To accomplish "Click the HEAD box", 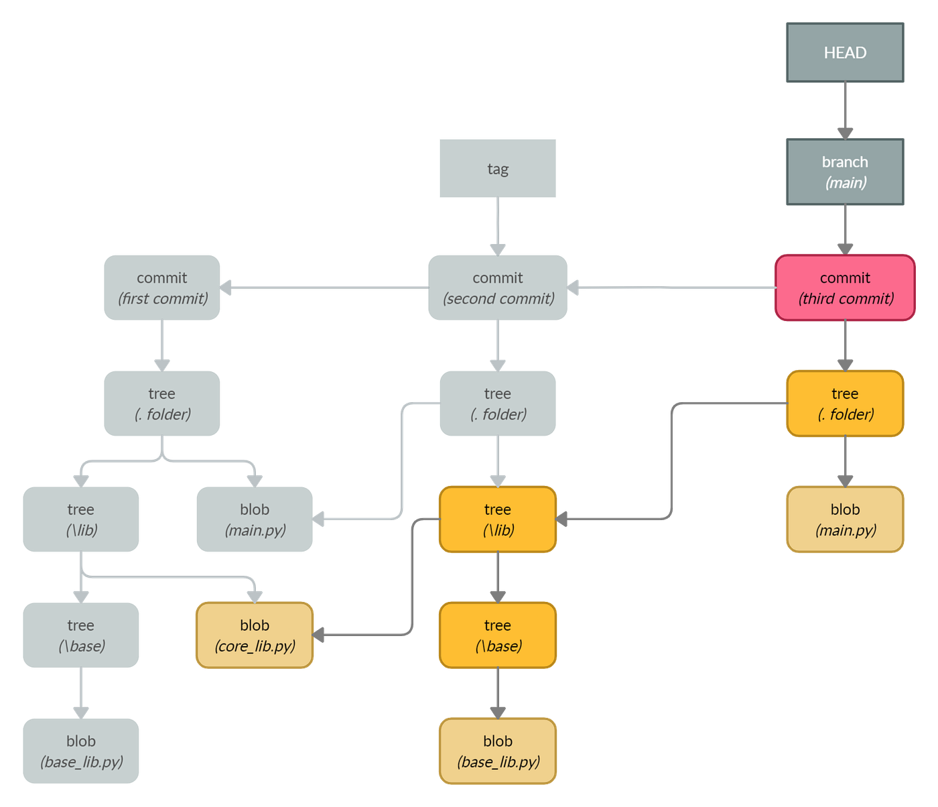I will (845, 53).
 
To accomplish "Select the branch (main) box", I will (845, 172).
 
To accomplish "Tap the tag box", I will (498, 168).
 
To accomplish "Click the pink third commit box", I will (845, 288).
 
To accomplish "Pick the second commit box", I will (498, 288).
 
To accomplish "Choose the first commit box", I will (162, 288).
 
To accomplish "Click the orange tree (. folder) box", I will (845, 403).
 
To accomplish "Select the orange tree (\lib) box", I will (498, 519).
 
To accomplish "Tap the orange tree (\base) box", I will (498, 635).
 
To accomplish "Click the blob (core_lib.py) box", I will (255, 635).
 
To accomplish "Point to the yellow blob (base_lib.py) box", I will (498, 751).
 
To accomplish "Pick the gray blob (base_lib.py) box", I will (81, 751).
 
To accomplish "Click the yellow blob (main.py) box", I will (845, 519).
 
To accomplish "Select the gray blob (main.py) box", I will (255, 519).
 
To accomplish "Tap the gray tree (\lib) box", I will (81, 519).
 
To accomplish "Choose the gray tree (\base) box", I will (81, 635).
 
